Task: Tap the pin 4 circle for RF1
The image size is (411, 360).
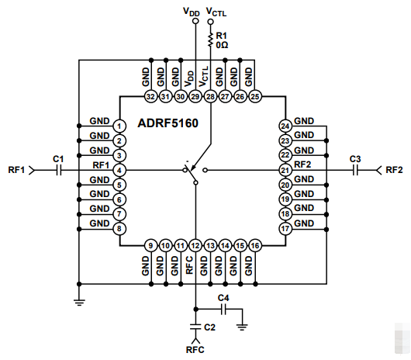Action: click(119, 170)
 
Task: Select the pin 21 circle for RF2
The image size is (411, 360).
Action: click(285, 170)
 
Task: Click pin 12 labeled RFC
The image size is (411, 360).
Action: click(195, 246)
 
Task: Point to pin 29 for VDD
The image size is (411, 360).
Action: click(195, 96)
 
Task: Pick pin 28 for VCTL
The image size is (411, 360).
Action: click(210, 96)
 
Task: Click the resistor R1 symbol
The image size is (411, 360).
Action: click(210, 36)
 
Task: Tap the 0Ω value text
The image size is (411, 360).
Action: click(223, 45)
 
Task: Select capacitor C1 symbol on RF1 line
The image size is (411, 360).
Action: click(58, 170)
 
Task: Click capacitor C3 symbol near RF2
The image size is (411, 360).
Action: click(354, 170)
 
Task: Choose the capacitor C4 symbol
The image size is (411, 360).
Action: click(223, 309)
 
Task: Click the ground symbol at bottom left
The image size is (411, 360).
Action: click(78, 303)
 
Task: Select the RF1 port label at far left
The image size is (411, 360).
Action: click(16, 170)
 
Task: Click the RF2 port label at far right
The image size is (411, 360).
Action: click(394, 170)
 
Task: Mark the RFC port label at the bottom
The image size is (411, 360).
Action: click(195, 350)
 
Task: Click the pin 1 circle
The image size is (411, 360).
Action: click(119, 126)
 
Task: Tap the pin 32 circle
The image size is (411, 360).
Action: click(150, 96)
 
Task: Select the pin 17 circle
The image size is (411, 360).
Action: click(285, 229)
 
